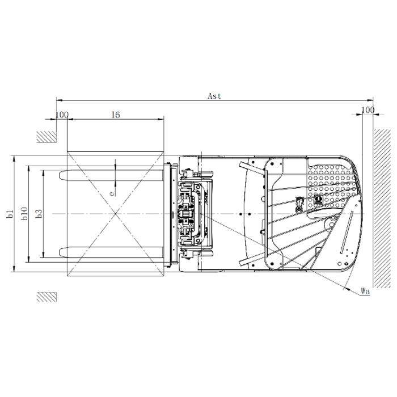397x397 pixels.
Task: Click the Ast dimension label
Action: click(214, 96)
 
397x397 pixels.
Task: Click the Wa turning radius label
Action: click(365, 291)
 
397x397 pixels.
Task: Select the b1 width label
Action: click(10, 214)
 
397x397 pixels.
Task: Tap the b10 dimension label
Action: click(24, 213)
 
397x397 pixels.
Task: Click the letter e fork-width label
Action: click(112, 194)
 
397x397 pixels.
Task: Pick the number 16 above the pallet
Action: click(116, 115)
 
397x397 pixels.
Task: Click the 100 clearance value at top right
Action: click(368, 110)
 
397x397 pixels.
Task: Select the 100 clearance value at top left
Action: click(62, 115)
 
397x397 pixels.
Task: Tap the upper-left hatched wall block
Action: click(47, 137)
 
